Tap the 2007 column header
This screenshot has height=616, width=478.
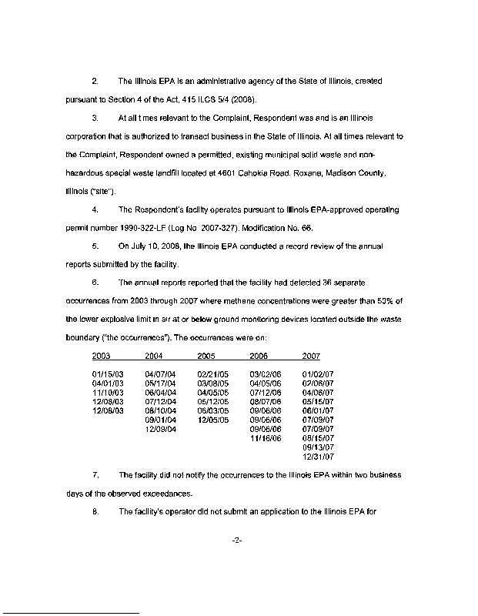(311, 356)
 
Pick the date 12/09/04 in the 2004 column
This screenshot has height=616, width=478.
(160, 429)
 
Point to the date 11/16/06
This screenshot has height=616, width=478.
(266, 438)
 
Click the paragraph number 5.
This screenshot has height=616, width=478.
(94, 246)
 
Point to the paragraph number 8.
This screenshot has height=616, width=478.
(94, 512)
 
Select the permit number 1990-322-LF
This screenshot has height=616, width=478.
(174, 229)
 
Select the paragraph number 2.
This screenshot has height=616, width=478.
(94, 81)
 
